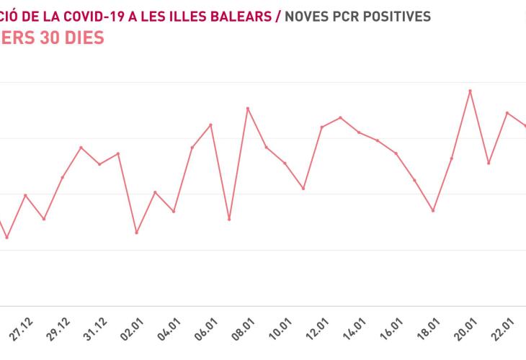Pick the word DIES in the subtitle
(84, 37)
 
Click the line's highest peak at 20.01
(471, 91)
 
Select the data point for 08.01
(248, 109)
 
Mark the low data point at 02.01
(136, 233)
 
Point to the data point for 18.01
(433, 210)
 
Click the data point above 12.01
(321, 127)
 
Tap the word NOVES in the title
(309, 15)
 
